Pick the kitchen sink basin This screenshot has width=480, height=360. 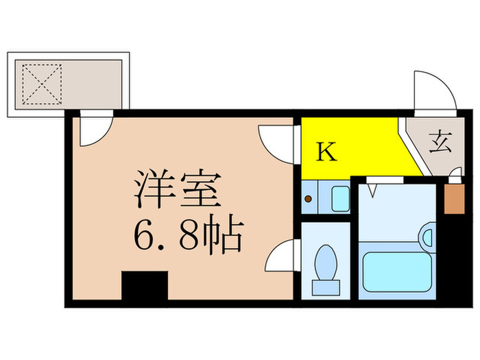coord(340,198)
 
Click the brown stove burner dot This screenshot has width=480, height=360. coord(309,200)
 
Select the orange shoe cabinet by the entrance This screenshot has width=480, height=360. coord(453,199)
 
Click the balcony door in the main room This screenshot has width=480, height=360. coord(95,131)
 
